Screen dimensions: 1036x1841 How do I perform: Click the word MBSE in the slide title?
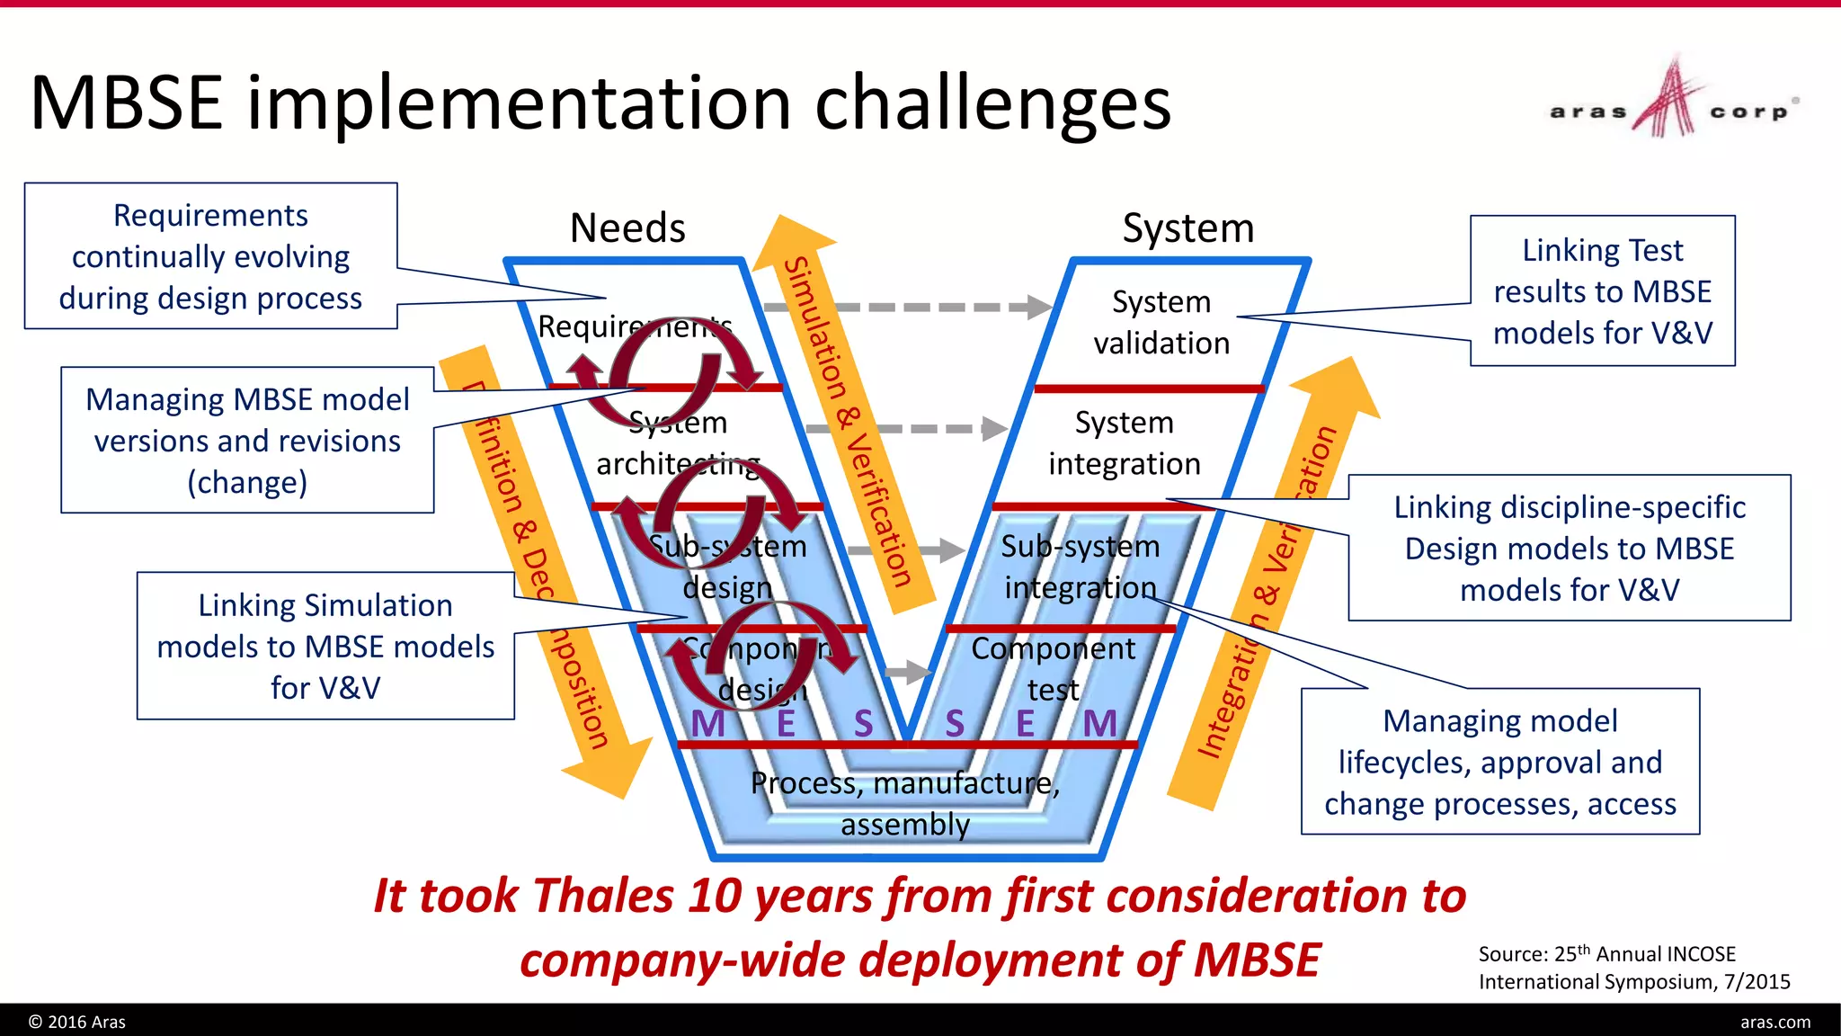pyautogui.click(x=126, y=103)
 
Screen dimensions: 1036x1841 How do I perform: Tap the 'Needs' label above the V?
pyautogui.click(x=627, y=228)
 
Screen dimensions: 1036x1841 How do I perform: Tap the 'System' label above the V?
pyautogui.click(x=1187, y=228)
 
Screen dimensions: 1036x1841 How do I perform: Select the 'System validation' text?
pyautogui.click(x=1161, y=322)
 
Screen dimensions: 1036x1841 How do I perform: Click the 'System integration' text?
pyautogui.click(x=1124, y=442)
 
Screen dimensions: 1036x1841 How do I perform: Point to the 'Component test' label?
pyautogui.click(x=1053, y=668)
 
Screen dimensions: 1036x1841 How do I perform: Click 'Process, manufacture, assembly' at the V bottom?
pyautogui.click(x=905, y=803)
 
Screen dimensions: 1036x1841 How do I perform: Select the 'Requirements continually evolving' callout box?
pyautogui.click(x=210, y=256)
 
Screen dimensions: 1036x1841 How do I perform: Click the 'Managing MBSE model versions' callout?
pyautogui.click(x=247, y=440)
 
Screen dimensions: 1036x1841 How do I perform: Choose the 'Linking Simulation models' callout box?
pyautogui.click(x=325, y=646)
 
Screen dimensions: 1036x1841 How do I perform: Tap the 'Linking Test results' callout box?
pyautogui.click(x=1602, y=290)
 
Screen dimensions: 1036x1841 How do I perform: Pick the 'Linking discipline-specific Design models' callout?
pyautogui.click(x=1569, y=548)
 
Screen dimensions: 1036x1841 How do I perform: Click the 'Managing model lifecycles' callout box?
pyautogui.click(x=1499, y=762)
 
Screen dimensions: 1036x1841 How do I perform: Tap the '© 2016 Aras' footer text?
pyautogui.click(x=77, y=1022)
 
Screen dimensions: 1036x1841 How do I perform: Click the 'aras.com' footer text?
pyautogui.click(x=1774, y=1022)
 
